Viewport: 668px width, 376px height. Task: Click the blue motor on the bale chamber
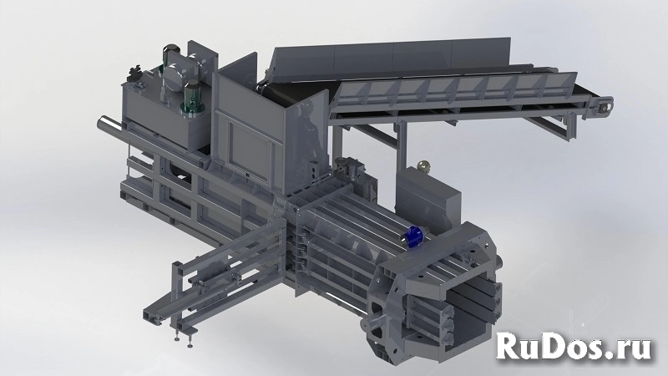(x=413, y=236)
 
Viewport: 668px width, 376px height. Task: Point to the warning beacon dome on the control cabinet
(x=423, y=165)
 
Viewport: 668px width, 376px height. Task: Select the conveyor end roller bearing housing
(x=604, y=107)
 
